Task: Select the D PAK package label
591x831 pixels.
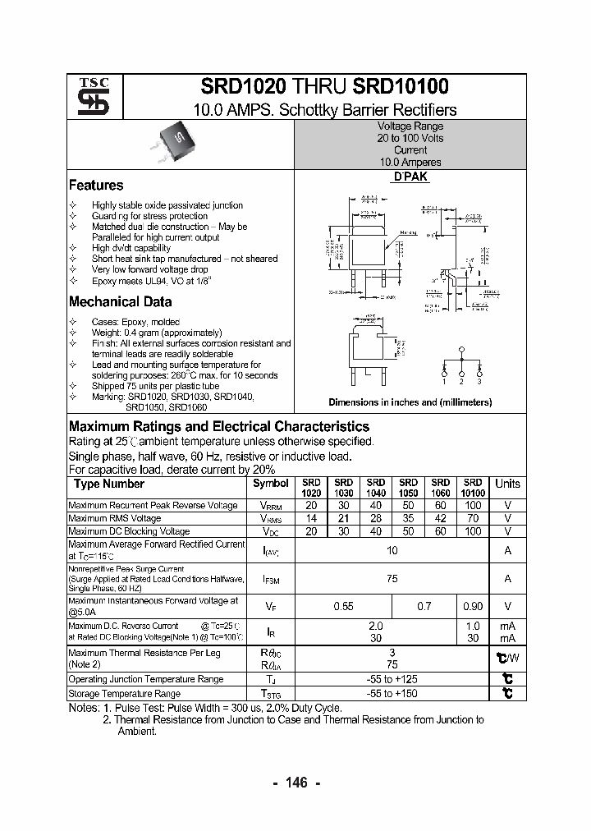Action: [x=410, y=177]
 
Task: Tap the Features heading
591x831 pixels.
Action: [x=96, y=186]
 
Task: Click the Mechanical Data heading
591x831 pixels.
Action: [x=120, y=302]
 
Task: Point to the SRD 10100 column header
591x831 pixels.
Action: [x=473, y=488]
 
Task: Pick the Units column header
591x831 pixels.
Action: [x=507, y=484]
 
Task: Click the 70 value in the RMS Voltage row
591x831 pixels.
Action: [x=473, y=519]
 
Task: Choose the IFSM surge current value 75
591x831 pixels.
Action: [x=392, y=579]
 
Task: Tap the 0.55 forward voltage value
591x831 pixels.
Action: [x=344, y=606]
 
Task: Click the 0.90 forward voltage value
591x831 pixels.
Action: [x=473, y=606]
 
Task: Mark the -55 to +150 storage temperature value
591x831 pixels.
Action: [x=392, y=694]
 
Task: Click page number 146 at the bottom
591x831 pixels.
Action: [x=295, y=783]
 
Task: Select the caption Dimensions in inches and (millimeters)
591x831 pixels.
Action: [x=410, y=402]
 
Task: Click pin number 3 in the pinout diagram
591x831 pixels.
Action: [x=479, y=382]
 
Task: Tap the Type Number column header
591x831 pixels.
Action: [x=109, y=484]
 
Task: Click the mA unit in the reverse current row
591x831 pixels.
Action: [x=507, y=626]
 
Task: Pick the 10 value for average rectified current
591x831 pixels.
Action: [x=392, y=550]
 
